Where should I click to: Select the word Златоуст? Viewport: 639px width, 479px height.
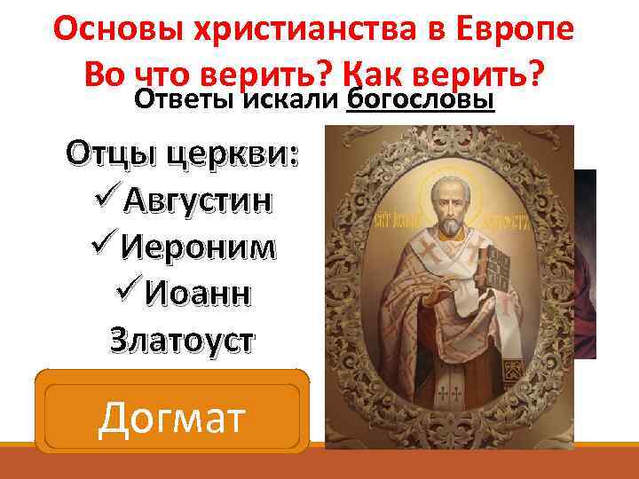tap(183, 338)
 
